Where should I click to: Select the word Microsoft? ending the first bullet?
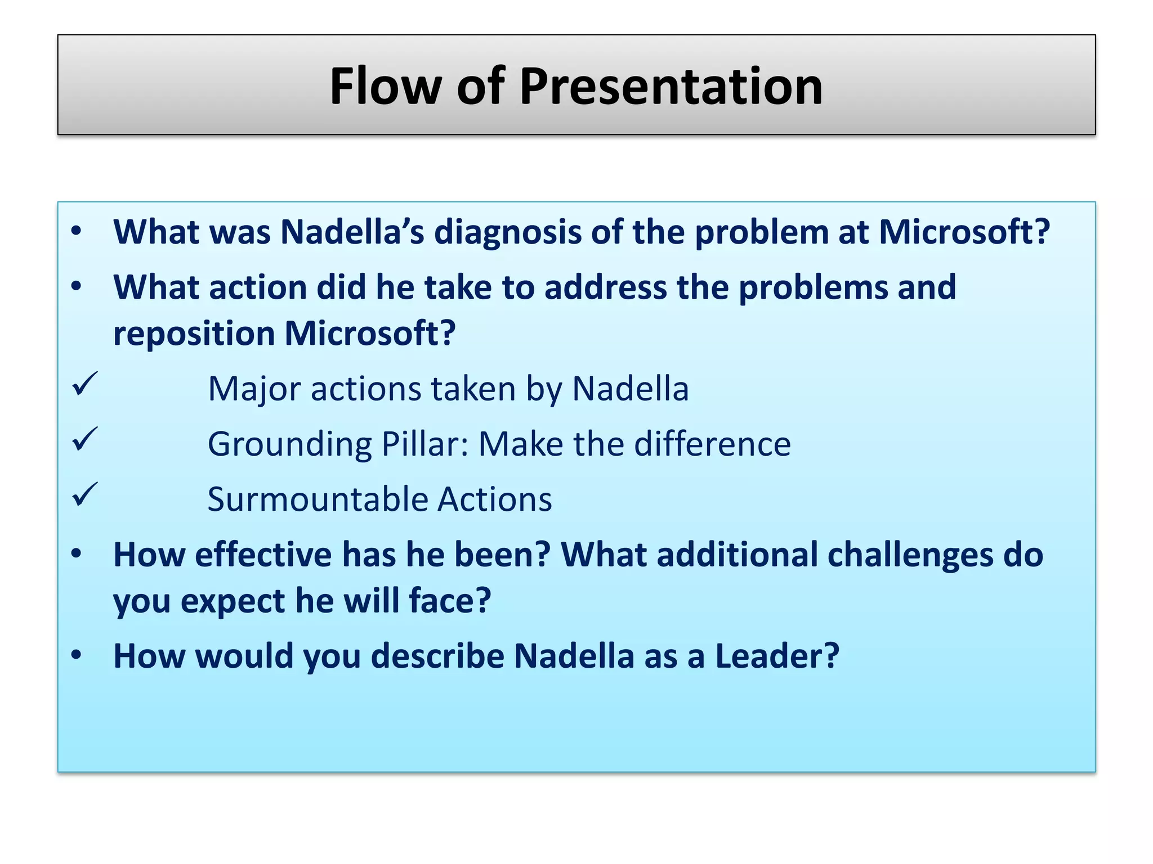964,232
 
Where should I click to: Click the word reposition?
194,334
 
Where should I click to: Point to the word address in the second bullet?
605,287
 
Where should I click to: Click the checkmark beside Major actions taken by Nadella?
85,385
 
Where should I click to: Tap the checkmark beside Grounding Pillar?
85,440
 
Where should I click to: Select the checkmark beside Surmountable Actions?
85,495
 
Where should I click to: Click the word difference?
712,444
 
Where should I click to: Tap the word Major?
254,389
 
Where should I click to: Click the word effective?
263,555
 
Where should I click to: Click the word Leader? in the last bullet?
777,656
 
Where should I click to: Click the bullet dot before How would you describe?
77,655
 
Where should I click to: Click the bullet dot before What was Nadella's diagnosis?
77,231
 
